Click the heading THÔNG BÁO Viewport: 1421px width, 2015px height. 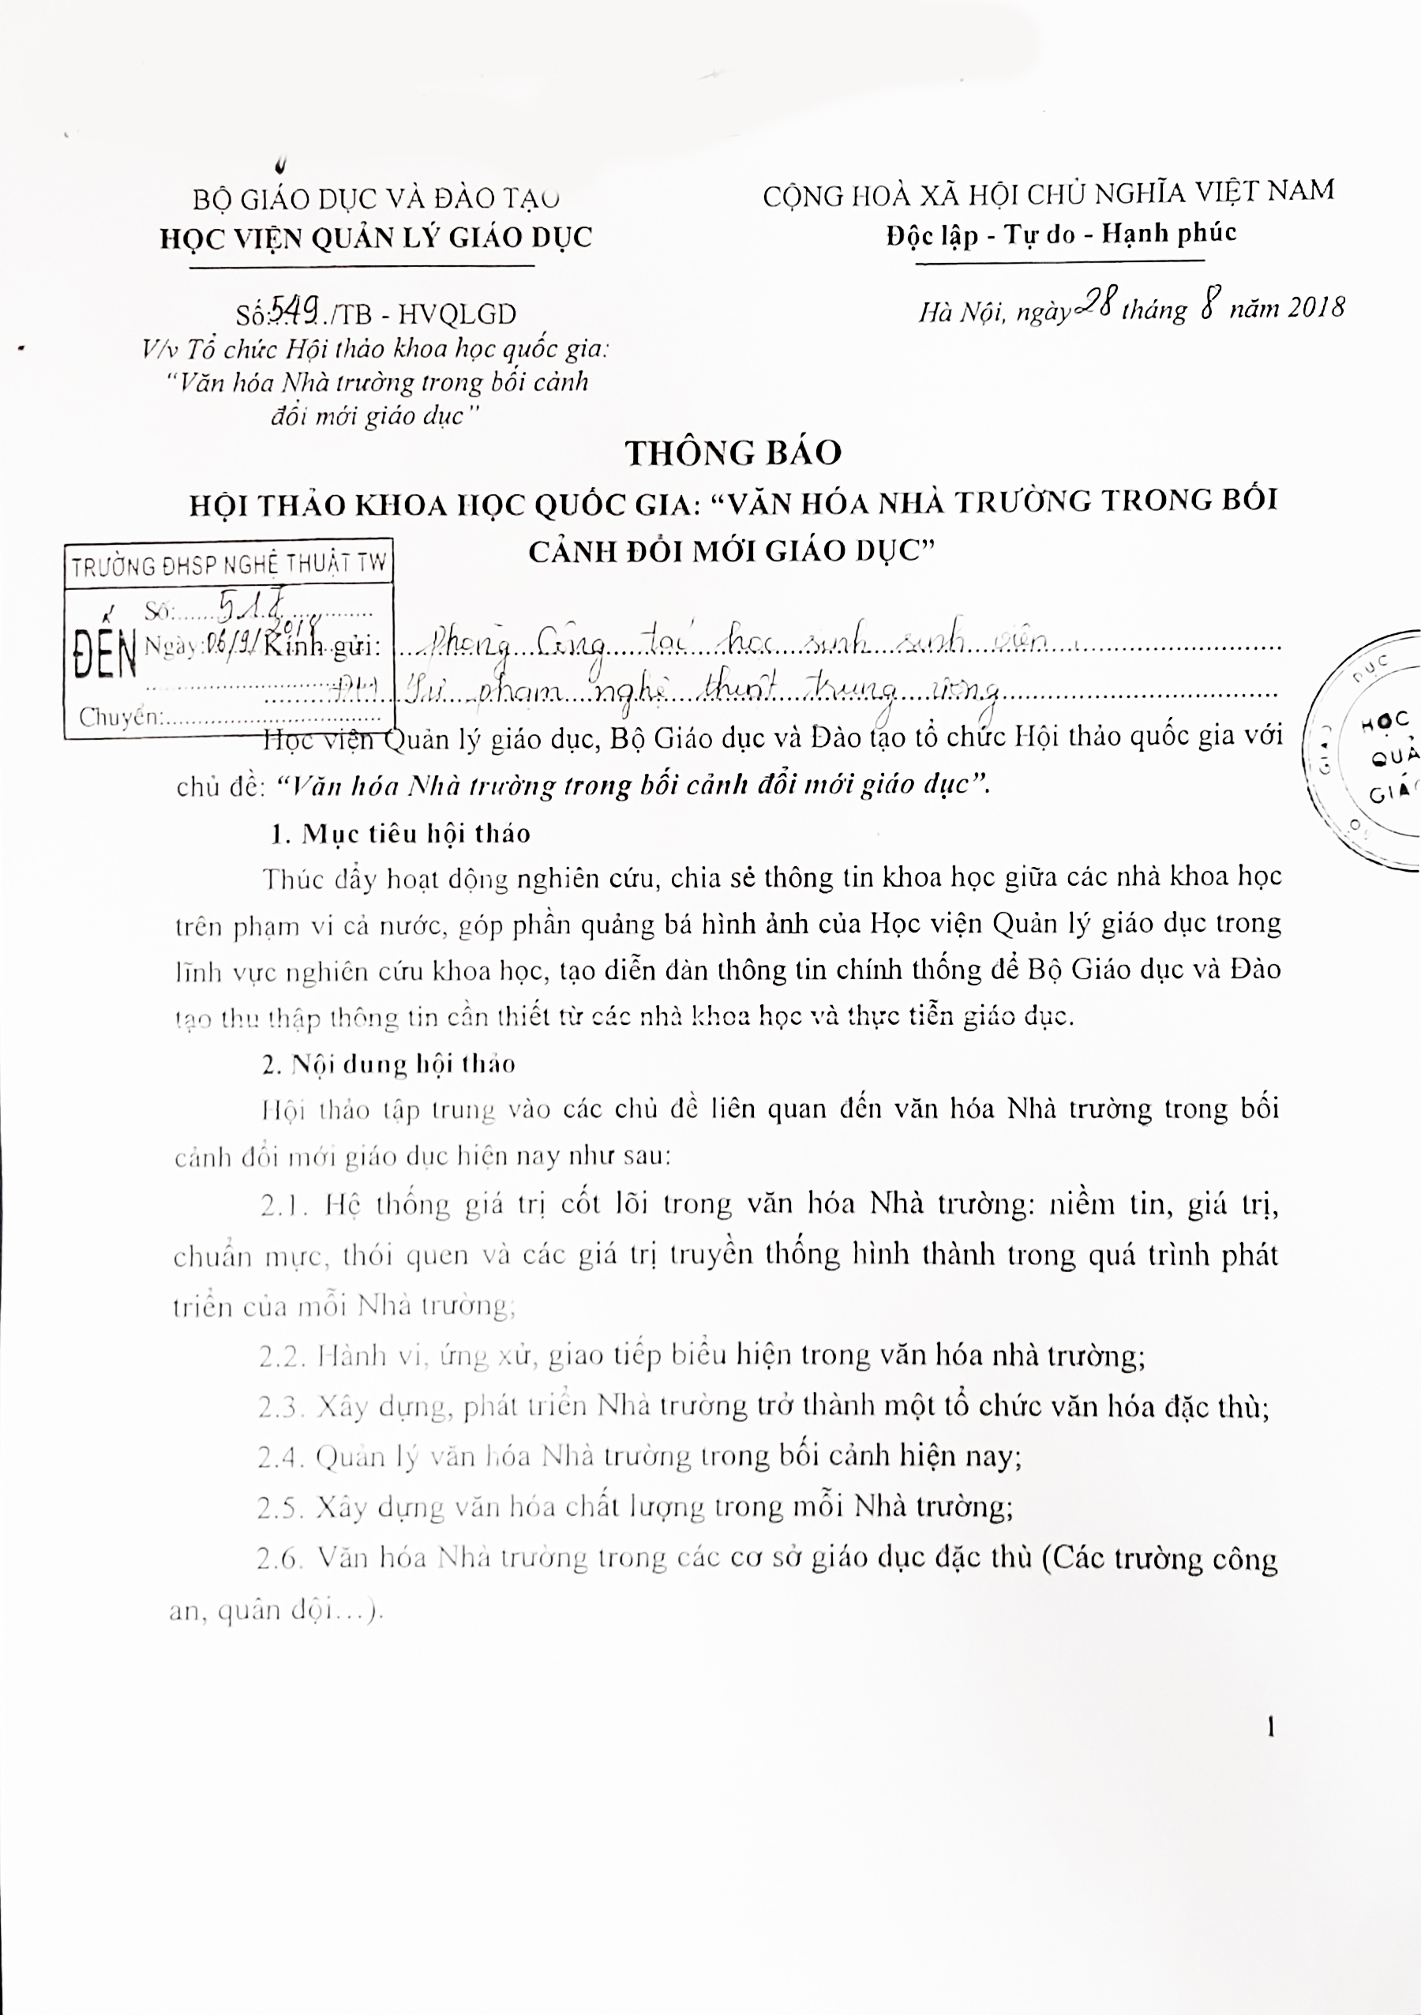coord(733,453)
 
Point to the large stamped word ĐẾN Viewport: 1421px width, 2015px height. coord(105,654)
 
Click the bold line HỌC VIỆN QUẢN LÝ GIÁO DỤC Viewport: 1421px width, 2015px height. coord(376,238)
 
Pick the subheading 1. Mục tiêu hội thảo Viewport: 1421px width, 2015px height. coord(400,834)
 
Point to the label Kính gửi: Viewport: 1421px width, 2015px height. coord(323,647)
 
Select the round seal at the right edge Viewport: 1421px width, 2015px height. coord(1366,750)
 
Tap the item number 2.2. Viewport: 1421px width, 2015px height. coord(282,1356)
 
